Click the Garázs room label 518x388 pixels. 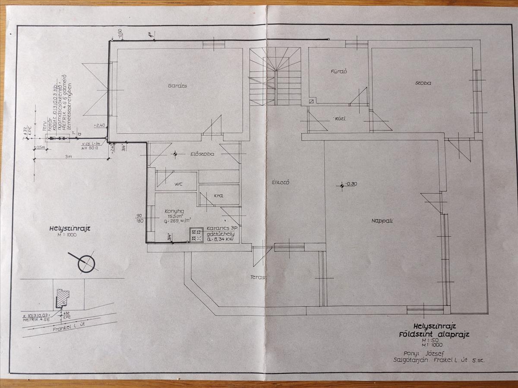pyautogui.click(x=177, y=86)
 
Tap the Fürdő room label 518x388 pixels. pyautogui.click(x=339, y=72)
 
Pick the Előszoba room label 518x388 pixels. pyautogui.click(x=204, y=154)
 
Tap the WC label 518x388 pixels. pyautogui.click(x=179, y=185)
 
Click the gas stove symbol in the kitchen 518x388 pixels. pyautogui.click(x=196, y=235)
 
